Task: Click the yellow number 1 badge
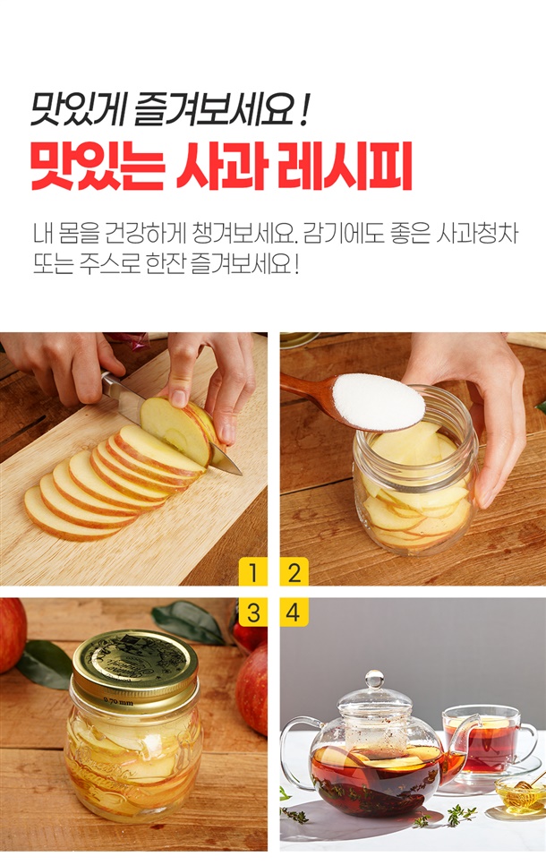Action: pos(252,572)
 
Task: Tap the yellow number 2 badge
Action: pos(294,572)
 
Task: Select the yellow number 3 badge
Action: pos(252,612)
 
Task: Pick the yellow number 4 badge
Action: pos(294,612)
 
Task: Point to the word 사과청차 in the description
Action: pos(477,234)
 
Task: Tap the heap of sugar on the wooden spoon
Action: pos(379,401)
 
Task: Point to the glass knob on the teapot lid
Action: pos(374,679)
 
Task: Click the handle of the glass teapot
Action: pos(295,753)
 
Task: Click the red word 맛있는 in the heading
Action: pos(98,167)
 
